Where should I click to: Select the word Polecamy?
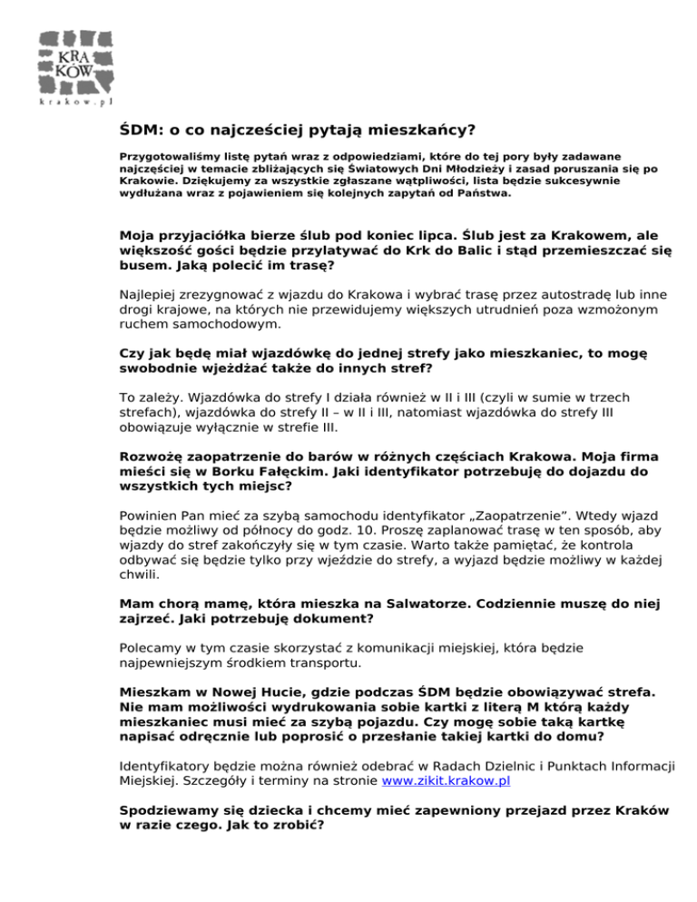coord(151,649)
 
